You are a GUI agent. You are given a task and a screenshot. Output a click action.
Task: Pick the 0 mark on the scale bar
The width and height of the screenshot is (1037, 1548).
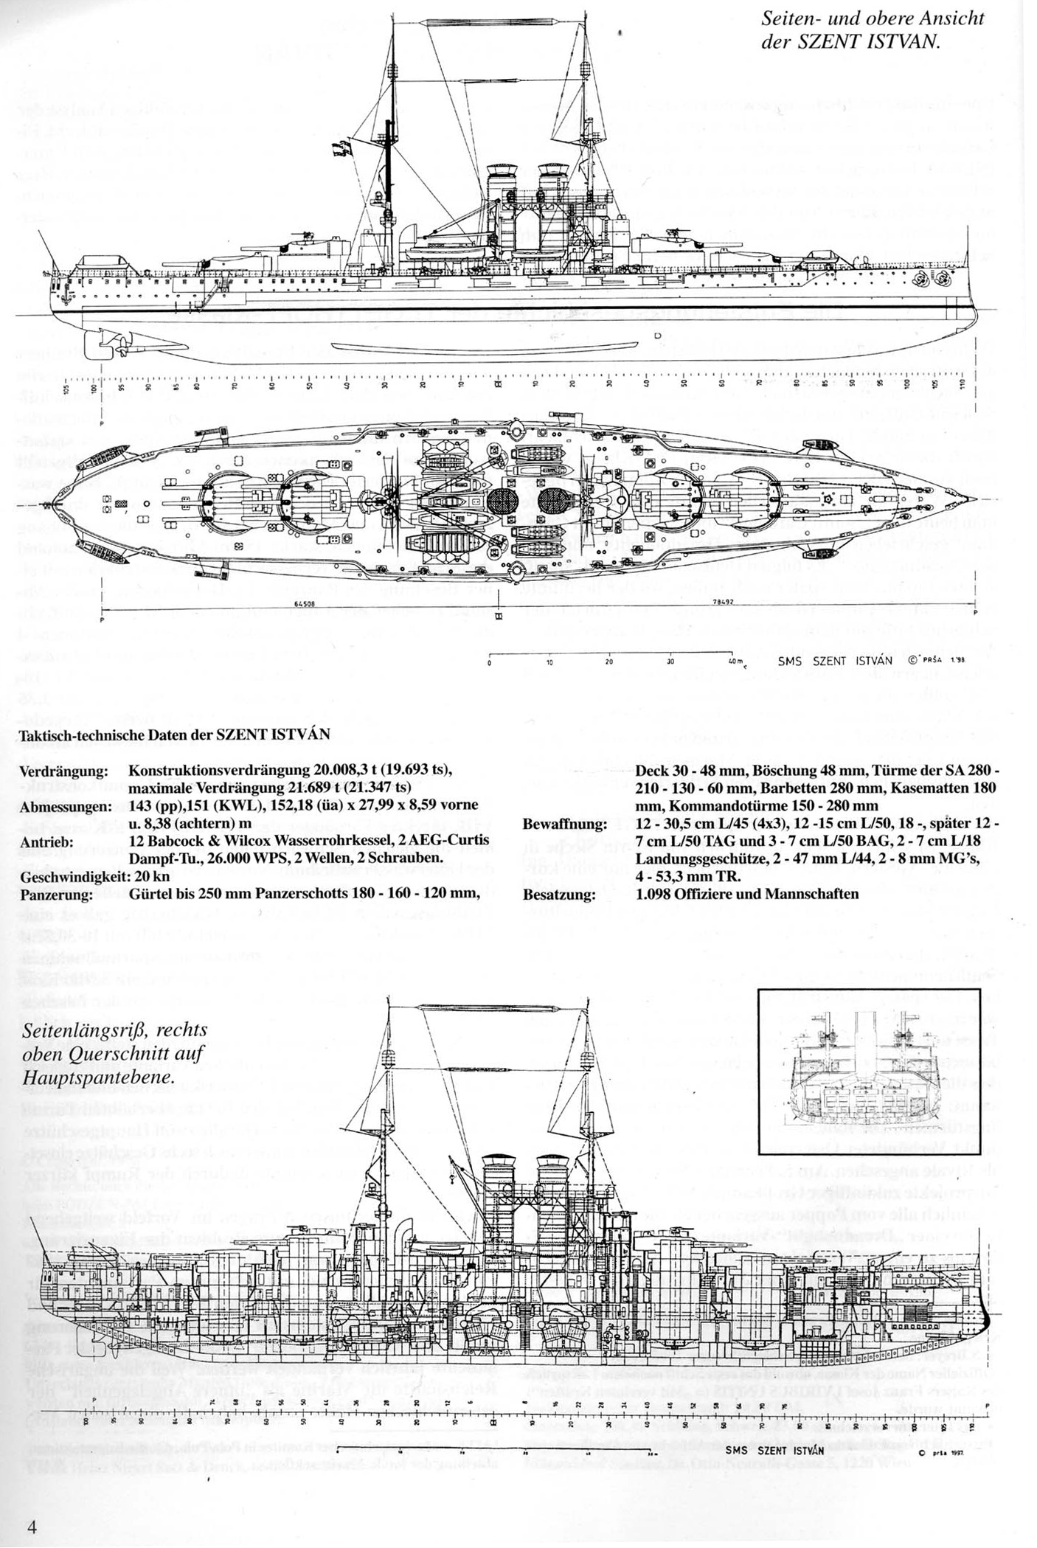coord(490,662)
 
